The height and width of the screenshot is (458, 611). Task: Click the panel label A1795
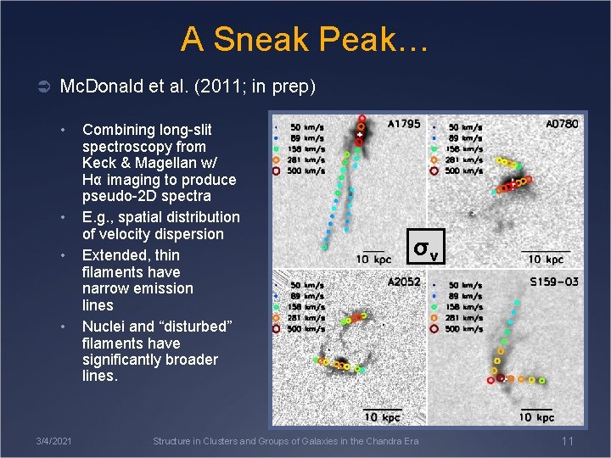pyautogui.click(x=403, y=124)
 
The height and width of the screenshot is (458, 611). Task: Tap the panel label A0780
pyautogui.click(x=562, y=124)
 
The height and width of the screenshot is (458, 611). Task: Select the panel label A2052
pyautogui.click(x=404, y=282)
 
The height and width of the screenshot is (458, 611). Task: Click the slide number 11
pyautogui.click(x=568, y=441)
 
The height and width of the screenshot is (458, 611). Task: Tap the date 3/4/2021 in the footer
pyautogui.click(x=53, y=441)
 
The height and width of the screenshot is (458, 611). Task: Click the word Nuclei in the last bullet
pyautogui.click(x=106, y=327)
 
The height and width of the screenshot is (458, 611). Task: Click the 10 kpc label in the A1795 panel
pyautogui.click(x=373, y=258)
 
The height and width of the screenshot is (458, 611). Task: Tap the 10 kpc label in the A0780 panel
pyautogui.click(x=546, y=259)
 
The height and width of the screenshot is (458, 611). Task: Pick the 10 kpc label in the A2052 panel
pyautogui.click(x=383, y=416)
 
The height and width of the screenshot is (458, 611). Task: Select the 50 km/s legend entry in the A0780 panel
pyautogui.click(x=465, y=127)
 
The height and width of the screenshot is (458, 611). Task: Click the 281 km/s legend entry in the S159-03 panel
pyautogui.click(x=465, y=318)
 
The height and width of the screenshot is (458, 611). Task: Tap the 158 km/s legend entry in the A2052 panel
pyautogui.click(x=307, y=307)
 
